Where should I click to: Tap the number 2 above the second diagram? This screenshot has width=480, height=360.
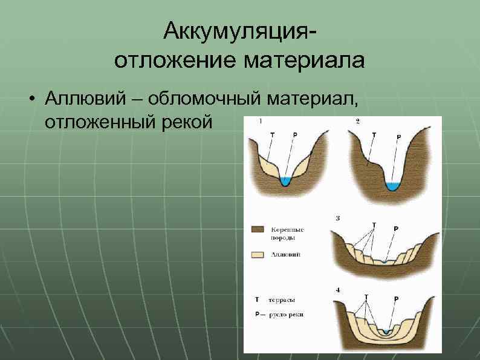pyautogui.click(x=358, y=121)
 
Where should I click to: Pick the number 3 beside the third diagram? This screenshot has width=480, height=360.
pyautogui.click(x=337, y=218)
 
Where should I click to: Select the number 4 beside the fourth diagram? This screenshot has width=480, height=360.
pyautogui.click(x=337, y=290)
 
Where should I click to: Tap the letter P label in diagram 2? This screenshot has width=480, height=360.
pyautogui.click(x=398, y=137)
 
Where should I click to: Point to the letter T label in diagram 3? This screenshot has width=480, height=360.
pyautogui.click(x=374, y=225)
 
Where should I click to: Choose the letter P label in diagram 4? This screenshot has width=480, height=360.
pyautogui.click(x=397, y=298)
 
